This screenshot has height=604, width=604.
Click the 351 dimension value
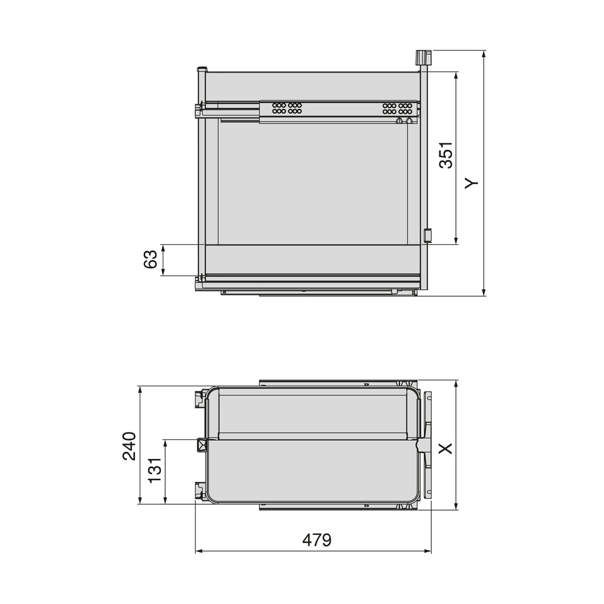447,155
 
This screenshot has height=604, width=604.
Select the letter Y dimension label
471,183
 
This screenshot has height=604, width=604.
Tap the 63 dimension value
150,260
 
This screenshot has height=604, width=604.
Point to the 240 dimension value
129,445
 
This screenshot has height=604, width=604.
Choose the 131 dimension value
155,470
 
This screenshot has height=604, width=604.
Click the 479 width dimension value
317,540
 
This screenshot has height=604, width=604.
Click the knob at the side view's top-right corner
423,58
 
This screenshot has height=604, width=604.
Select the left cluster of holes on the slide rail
287,108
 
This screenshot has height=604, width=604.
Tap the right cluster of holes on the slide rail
396,108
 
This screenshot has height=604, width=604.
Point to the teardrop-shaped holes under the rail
404,120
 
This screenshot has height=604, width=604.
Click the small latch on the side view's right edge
428,235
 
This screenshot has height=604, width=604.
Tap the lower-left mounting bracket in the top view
199,491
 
